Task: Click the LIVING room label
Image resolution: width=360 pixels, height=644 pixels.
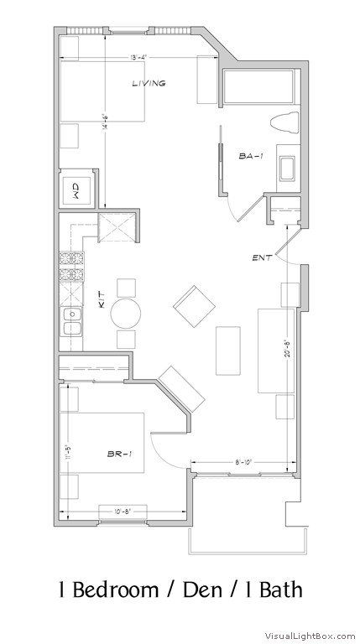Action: [149, 83]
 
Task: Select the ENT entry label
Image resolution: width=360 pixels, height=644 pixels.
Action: [260, 257]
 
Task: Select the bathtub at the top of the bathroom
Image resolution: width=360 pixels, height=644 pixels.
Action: [259, 86]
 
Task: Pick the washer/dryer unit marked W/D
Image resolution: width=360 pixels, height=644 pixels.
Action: [76, 190]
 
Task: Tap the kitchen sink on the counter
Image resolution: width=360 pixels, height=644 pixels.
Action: [71, 321]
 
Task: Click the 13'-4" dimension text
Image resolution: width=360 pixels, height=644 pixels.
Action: [142, 57]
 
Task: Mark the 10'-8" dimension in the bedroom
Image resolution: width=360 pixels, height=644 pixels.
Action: [112, 510]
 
